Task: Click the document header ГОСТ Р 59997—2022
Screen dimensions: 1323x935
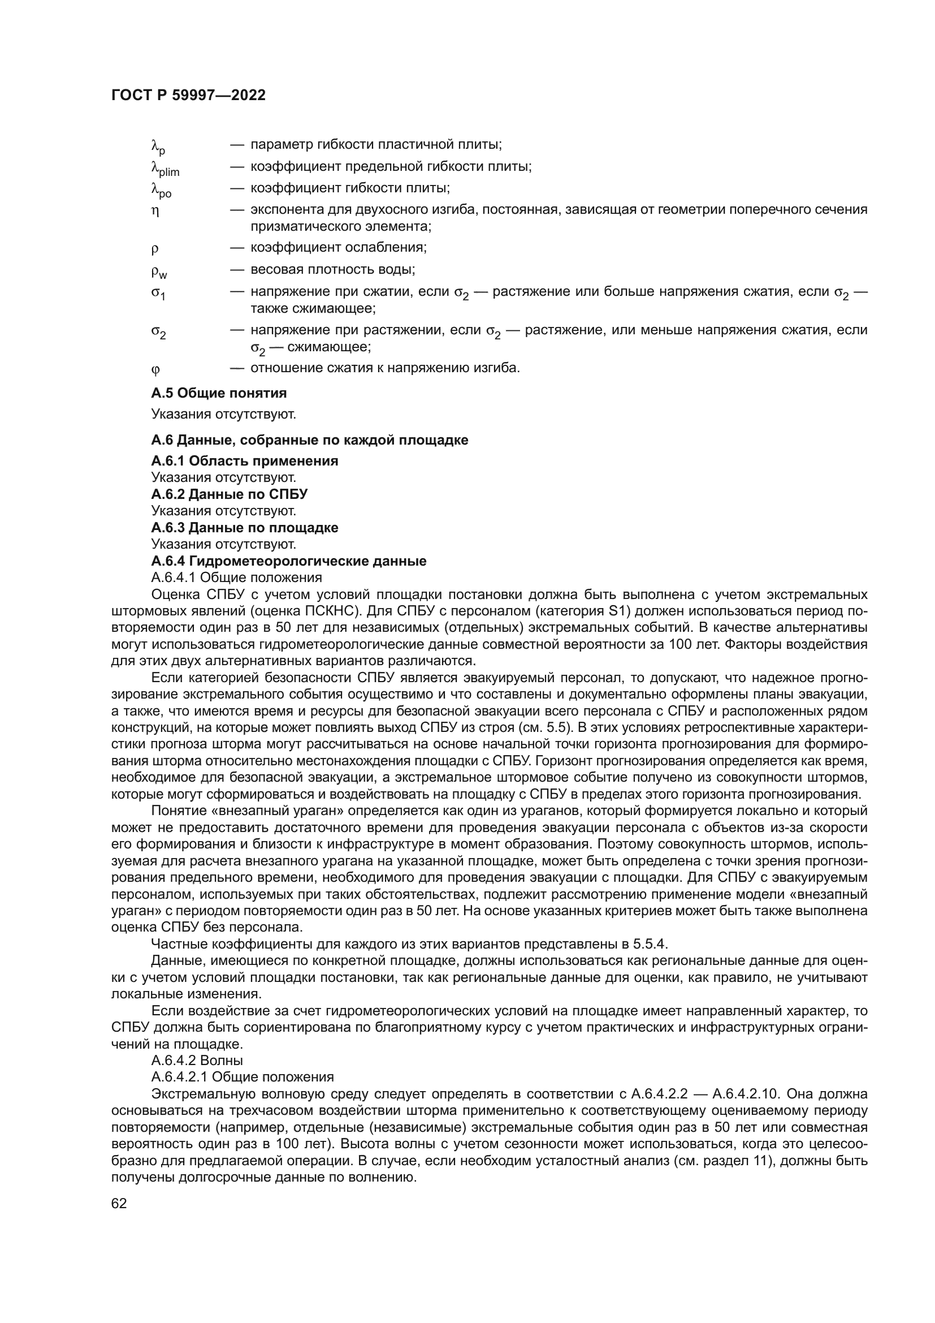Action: (x=188, y=96)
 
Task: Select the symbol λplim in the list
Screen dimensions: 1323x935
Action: (x=165, y=169)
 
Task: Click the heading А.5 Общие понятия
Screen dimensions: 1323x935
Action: (x=219, y=394)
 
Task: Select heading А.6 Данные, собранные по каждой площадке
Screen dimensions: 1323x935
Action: (x=310, y=440)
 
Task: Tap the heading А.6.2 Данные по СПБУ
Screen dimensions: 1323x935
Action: (x=229, y=494)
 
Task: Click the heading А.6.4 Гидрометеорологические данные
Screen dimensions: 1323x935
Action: (x=288, y=561)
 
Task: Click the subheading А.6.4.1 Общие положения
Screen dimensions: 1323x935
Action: (x=237, y=578)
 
